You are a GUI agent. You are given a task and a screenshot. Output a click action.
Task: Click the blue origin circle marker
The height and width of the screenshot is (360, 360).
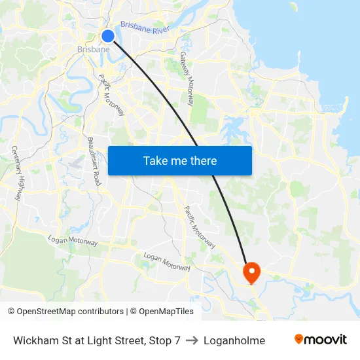pos(108,35)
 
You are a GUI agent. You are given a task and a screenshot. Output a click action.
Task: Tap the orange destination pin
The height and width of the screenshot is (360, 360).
pos(251,272)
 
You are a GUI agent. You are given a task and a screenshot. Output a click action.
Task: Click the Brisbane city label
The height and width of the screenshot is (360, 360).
pos(94,50)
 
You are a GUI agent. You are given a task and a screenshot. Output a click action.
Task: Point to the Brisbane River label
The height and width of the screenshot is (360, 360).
pos(144,29)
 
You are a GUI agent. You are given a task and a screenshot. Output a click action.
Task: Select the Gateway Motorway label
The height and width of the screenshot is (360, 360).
pos(187,79)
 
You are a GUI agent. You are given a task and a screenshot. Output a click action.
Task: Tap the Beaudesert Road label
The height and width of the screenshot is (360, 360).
pos(95,160)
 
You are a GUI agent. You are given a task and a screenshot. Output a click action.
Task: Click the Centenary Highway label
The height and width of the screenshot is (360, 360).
pos(18,173)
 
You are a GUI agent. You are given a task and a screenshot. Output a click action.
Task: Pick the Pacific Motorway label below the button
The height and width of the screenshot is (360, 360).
pos(200,227)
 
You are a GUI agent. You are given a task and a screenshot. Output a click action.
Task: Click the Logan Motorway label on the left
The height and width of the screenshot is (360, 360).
pos(73,242)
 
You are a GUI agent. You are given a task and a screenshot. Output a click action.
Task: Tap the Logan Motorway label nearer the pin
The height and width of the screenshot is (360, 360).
pos(166,262)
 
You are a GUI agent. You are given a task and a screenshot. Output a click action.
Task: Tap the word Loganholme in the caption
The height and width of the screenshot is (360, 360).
pos(234,340)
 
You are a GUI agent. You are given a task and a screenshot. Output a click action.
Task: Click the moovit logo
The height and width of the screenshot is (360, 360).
pos(320,340)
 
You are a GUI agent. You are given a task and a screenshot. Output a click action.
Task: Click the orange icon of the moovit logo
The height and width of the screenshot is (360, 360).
pos(299,339)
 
